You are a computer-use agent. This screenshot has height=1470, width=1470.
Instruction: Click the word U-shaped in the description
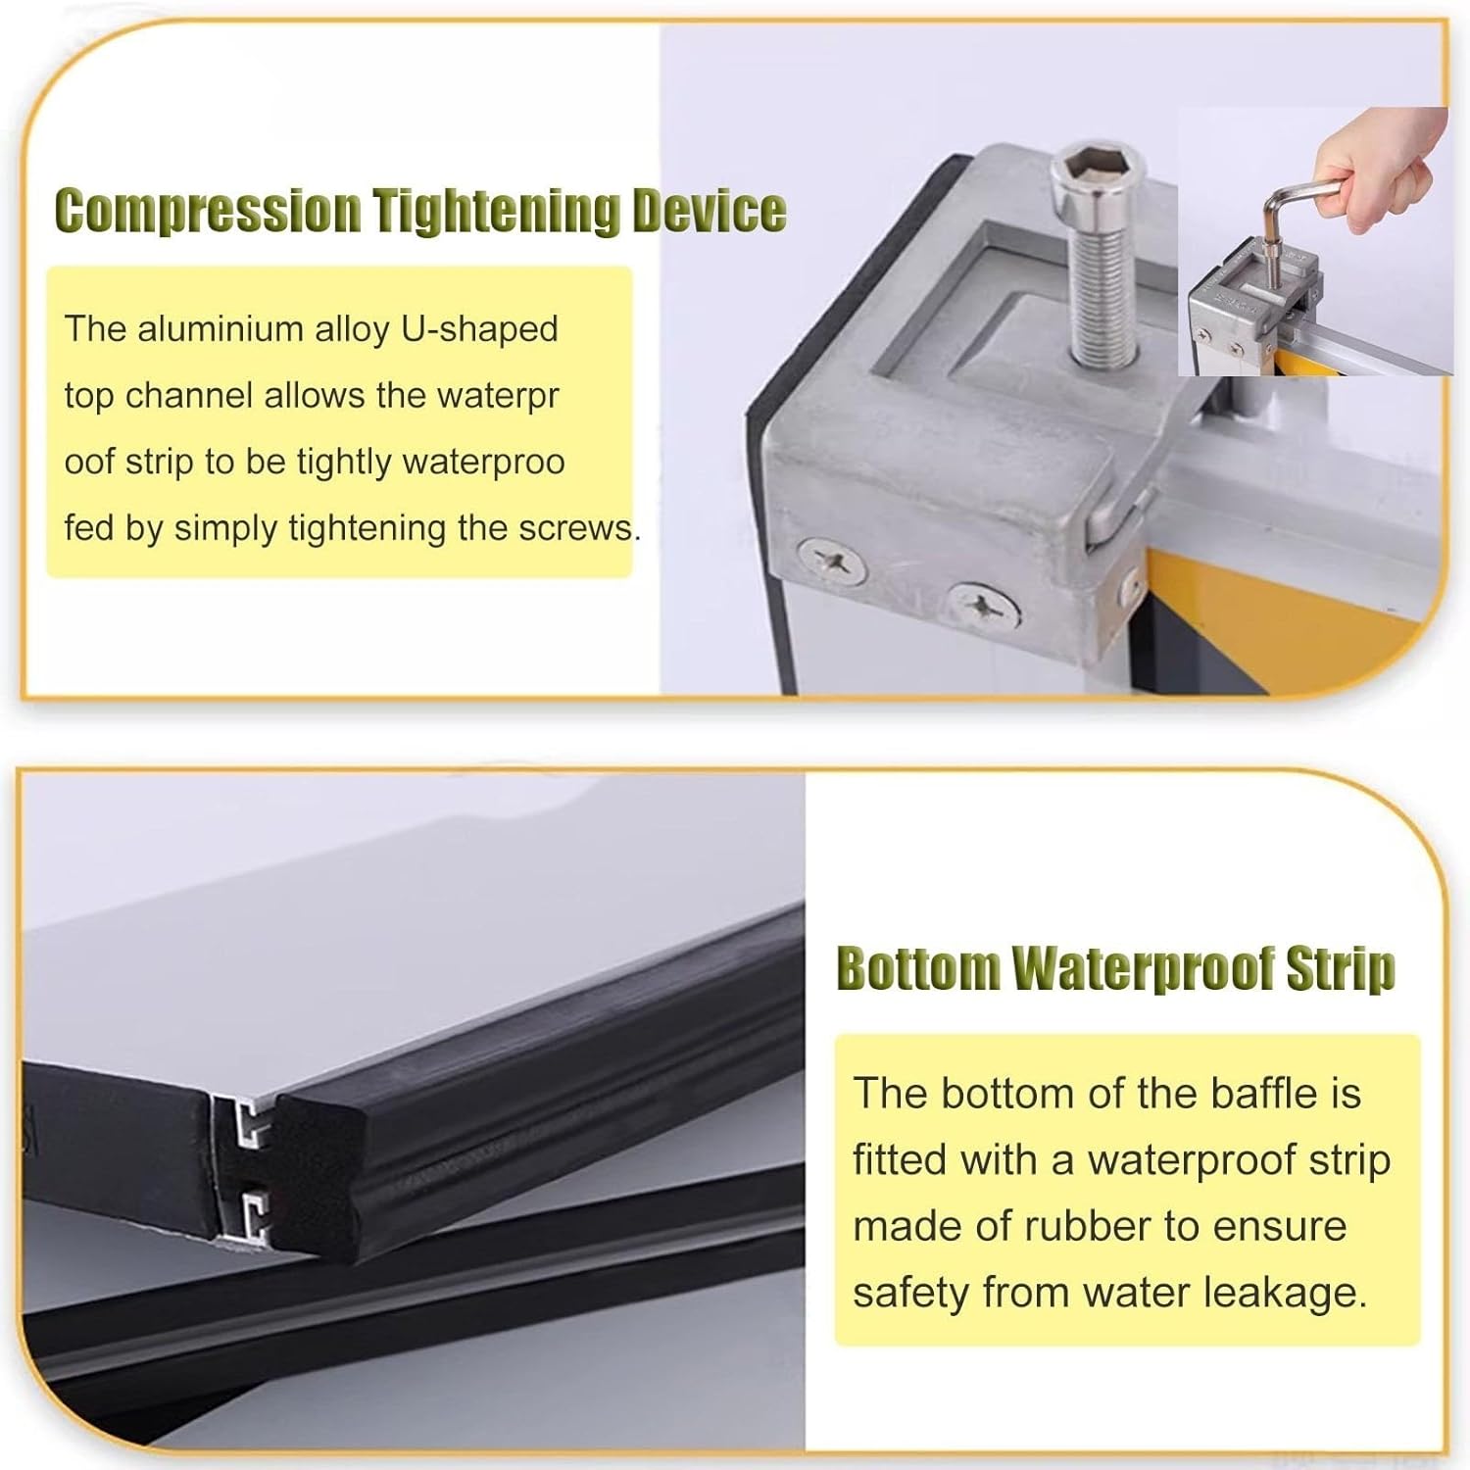[479, 328]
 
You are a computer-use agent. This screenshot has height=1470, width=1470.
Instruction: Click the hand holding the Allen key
[1382, 176]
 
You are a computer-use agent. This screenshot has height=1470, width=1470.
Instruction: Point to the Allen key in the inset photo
[1274, 235]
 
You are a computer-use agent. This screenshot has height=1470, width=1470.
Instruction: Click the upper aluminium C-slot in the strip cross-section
[250, 1124]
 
